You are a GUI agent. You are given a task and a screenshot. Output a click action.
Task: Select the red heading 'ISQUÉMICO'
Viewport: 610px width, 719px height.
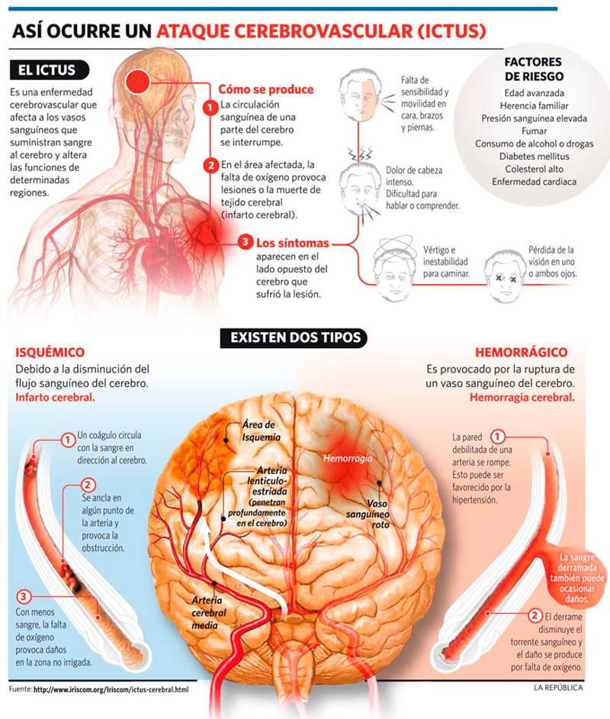coord(50,353)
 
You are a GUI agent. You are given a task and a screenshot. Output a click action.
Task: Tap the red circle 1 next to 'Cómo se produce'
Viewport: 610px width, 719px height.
coord(209,108)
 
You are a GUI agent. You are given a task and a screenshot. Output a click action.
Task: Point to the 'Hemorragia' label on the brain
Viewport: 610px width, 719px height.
coord(347,459)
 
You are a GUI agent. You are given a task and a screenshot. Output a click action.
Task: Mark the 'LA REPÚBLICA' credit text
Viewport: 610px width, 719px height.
coord(558,688)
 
